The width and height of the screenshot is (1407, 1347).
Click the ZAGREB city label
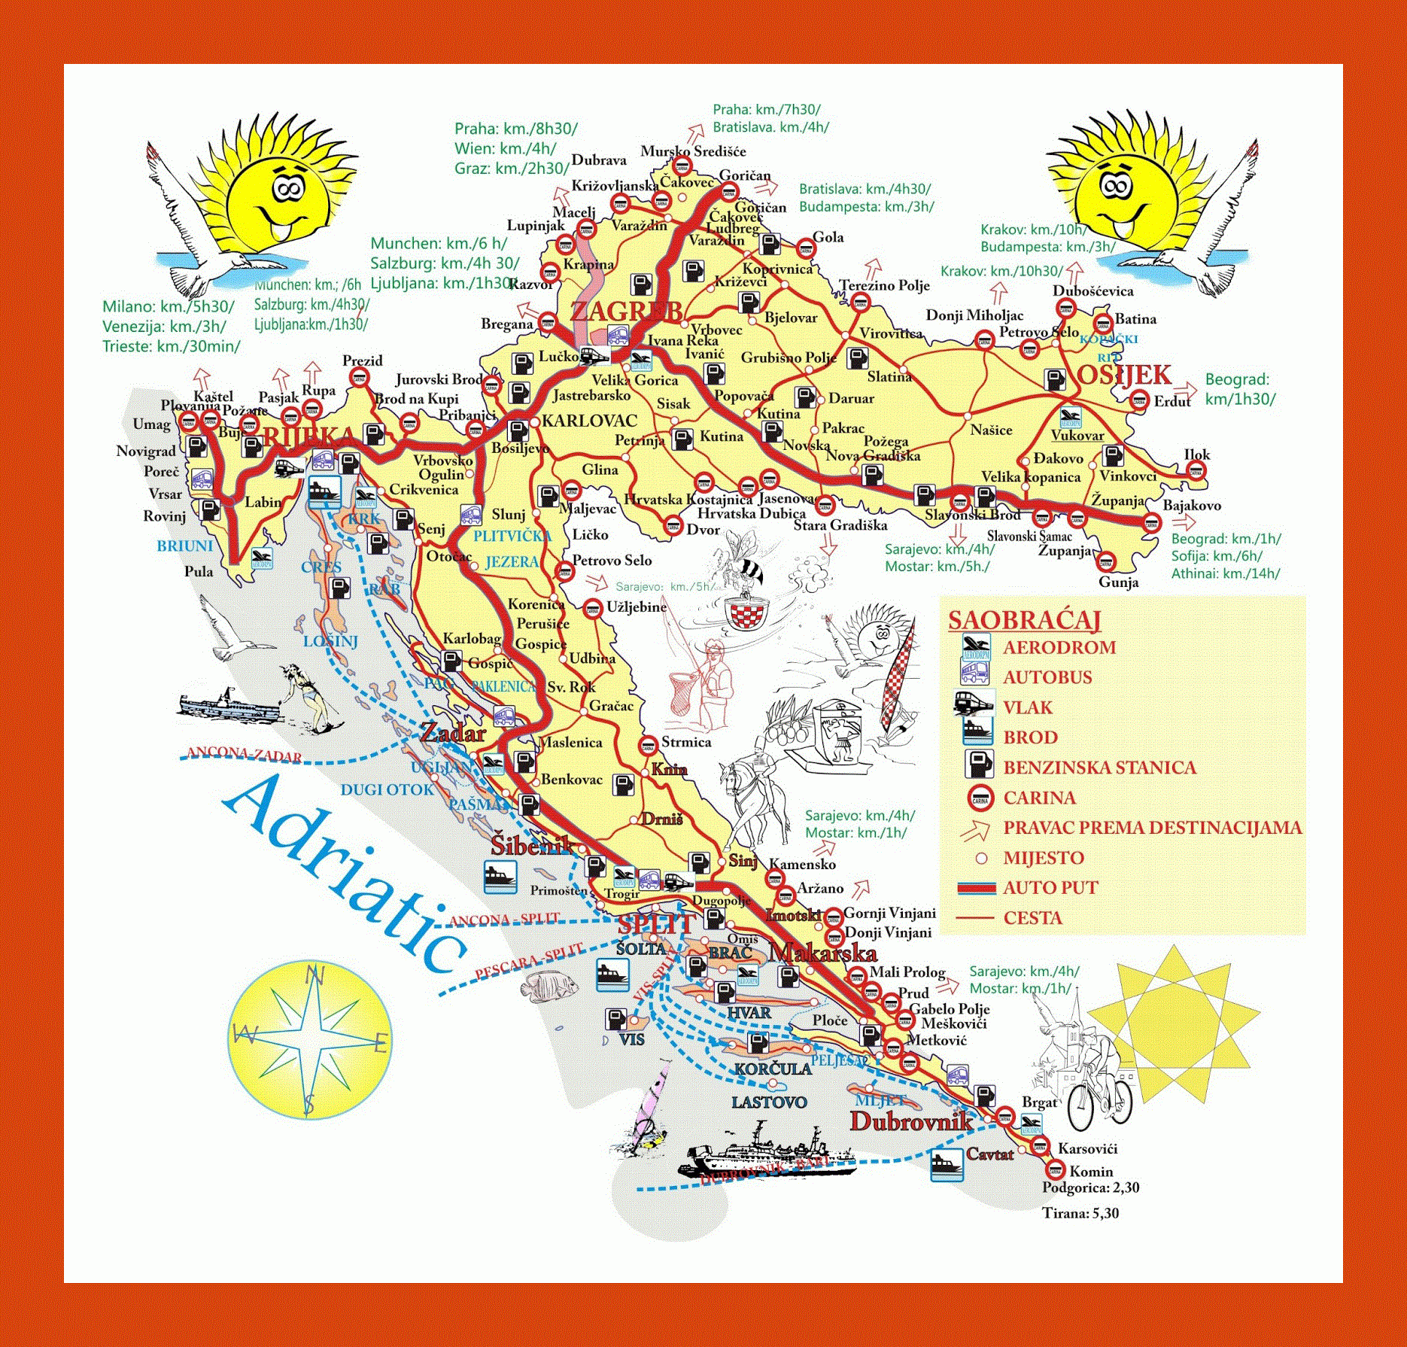(x=626, y=310)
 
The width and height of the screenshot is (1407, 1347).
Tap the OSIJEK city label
(x=1124, y=374)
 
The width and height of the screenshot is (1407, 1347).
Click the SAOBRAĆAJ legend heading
(x=1024, y=620)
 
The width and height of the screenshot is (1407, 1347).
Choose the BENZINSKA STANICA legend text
(x=1099, y=768)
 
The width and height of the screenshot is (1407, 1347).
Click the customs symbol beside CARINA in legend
(x=980, y=797)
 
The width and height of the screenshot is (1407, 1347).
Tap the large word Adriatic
(x=342, y=877)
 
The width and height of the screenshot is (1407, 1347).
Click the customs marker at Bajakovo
(x=1151, y=521)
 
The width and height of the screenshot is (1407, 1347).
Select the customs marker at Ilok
(x=1195, y=471)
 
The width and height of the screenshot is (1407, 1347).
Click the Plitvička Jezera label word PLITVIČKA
(x=512, y=537)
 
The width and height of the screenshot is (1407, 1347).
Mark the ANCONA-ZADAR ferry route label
(x=245, y=755)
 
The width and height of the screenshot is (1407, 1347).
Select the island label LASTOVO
(x=769, y=1102)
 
